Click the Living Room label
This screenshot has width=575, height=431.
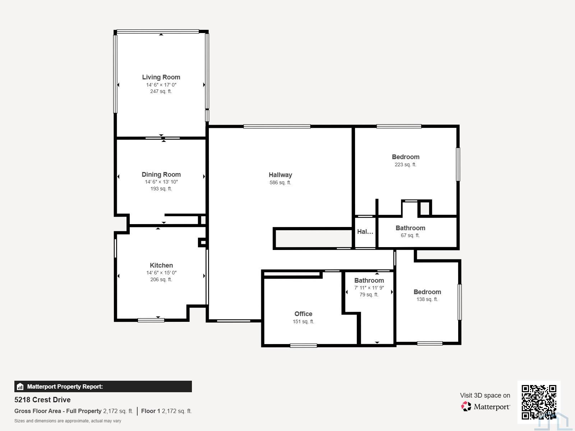[x=161, y=77]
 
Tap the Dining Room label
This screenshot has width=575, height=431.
[x=161, y=175]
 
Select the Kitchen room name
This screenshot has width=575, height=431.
[x=161, y=265]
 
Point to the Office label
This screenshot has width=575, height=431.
[x=303, y=314]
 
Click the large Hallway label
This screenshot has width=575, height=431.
[x=280, y=175]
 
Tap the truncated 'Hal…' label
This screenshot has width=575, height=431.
[x=365, y=232]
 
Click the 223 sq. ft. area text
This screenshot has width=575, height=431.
[x=405, y=164]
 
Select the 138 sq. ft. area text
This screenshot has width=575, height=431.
[x=427, y=299]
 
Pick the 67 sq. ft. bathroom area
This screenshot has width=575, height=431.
[x=410, y=235]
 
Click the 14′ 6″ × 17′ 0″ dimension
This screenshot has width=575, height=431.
[x=161, y=85]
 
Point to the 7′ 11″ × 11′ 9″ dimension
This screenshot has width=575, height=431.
[x=369, y=288]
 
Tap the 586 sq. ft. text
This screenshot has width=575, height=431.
[x=280, y=183]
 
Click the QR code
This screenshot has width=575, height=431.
[x=539, y=402]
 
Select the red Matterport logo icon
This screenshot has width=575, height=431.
[x=466, y=407]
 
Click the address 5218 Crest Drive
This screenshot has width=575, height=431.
[x=42, y=400]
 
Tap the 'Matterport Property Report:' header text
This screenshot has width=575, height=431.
[x=65, y=386]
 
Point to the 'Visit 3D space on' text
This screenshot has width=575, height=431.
[x=485, y=395]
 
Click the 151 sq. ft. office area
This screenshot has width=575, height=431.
[x=303, y=321]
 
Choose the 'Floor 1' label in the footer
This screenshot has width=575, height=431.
[x=151, y=411]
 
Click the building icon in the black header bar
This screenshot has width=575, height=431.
[x=20, y=386]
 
